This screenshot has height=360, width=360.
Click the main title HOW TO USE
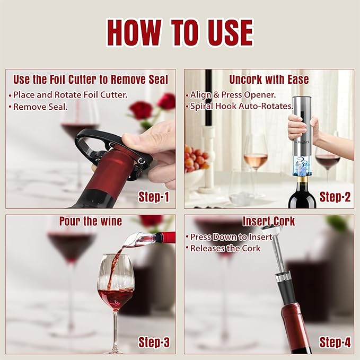point(180,33)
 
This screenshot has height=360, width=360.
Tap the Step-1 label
point(154,197)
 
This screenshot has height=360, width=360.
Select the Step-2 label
point(335,197)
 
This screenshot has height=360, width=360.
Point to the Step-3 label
point(154,343)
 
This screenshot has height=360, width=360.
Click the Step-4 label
point(335,343)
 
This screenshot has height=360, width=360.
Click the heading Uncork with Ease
point(269,80)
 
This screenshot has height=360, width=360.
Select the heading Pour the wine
point(90,221)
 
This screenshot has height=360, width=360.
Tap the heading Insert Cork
point(269,222)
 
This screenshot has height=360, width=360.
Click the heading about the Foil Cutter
point(90,80)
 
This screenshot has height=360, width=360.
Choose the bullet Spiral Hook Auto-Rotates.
point(242,106)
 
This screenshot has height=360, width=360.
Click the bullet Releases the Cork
point(225,248)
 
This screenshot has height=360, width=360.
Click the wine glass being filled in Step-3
point(116,286)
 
